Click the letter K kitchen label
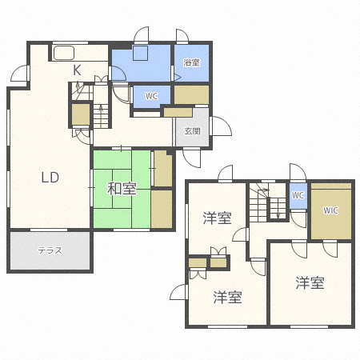[78, 70]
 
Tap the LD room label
[50, 178]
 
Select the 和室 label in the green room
[122, 190]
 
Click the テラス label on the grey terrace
[50, 250]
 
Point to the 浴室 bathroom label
[191, 62]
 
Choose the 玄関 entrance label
[193, 131]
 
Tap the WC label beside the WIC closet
[298, 195]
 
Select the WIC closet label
[330, 211]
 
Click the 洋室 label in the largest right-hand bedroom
[310, 282]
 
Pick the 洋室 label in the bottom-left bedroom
[227, 298]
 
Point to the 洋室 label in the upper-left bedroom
[217, 218]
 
